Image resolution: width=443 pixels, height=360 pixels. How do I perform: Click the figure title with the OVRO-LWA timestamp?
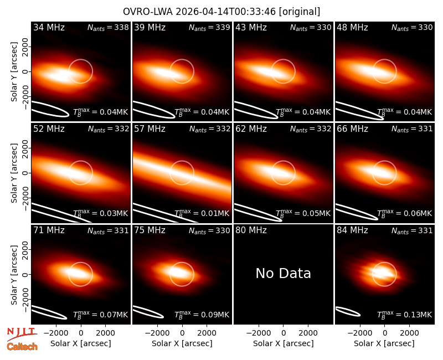[221, 12]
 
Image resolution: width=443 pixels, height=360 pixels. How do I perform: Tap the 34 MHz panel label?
[49, 27]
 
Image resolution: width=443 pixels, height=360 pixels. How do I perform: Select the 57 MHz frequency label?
[150, 129]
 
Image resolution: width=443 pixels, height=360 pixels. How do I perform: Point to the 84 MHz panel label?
[352, 230]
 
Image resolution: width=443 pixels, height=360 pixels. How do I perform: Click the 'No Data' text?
[284, 273]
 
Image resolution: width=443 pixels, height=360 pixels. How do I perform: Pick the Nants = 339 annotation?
[209, 27]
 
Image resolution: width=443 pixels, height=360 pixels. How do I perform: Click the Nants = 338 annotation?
[108, 27]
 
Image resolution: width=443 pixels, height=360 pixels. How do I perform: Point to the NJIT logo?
[22, 333]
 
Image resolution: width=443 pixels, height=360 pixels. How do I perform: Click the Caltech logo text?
[22, 347]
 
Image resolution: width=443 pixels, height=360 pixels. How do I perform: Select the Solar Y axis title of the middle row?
[14, 173]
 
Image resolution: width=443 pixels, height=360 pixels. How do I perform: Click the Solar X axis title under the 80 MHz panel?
[284, 343]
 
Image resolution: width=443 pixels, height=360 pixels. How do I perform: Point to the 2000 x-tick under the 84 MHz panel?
[409, 333]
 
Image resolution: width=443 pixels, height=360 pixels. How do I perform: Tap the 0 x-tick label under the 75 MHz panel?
[182, 333]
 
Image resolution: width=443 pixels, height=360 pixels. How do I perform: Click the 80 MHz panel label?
[251, 230]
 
